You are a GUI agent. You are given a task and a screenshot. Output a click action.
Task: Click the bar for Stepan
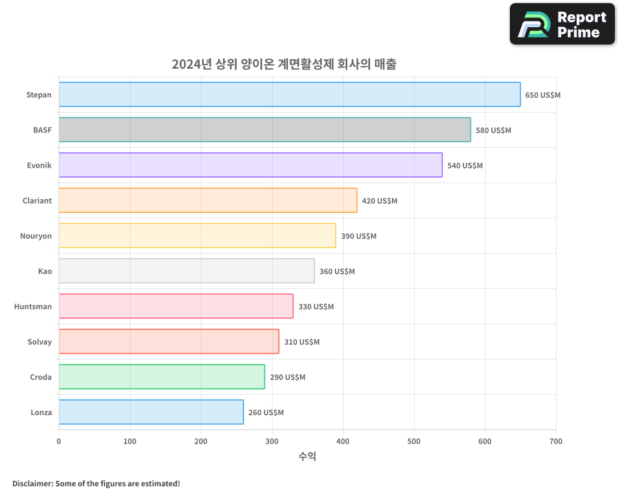click(x=289, y=95)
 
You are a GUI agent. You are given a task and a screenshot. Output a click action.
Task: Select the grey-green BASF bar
click(x=265, y=130)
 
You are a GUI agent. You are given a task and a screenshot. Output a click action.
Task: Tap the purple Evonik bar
click(x=250, y=165)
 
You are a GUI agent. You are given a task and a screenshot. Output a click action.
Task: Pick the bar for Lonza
click(x=151, y=412)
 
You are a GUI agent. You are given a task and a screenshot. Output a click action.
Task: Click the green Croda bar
click(x=161, y=377)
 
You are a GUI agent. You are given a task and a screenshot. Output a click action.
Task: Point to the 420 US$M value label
click(x=379, y=201)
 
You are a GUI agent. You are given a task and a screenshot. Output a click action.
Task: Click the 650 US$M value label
click(x=543, y=95)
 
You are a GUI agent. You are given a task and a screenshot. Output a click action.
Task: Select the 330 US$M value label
click(x=316, y=307)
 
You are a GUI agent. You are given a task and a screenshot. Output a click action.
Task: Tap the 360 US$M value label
click(x=337, y=272)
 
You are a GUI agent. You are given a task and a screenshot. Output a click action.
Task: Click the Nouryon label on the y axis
click(x=36, y=236)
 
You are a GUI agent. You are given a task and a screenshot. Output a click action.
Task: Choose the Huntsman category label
click(x=33, y=307)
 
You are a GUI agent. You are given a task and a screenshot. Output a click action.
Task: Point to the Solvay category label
click(x=40, y=342)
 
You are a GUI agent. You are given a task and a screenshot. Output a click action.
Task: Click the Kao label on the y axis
click(x=44, y=272)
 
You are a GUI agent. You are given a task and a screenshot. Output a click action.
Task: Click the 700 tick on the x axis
click(x=556, y=442)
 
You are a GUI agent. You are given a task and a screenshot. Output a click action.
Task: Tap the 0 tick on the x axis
click(x=59, y=442)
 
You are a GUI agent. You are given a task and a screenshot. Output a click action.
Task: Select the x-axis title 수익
click(x=307, y=457)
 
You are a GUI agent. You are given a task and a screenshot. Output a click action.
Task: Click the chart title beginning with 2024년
click(x=284, y=64)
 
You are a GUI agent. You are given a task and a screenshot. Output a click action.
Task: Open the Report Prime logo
click(x=562, y=24)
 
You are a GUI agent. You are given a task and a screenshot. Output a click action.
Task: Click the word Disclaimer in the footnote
click(x=32, y=483)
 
